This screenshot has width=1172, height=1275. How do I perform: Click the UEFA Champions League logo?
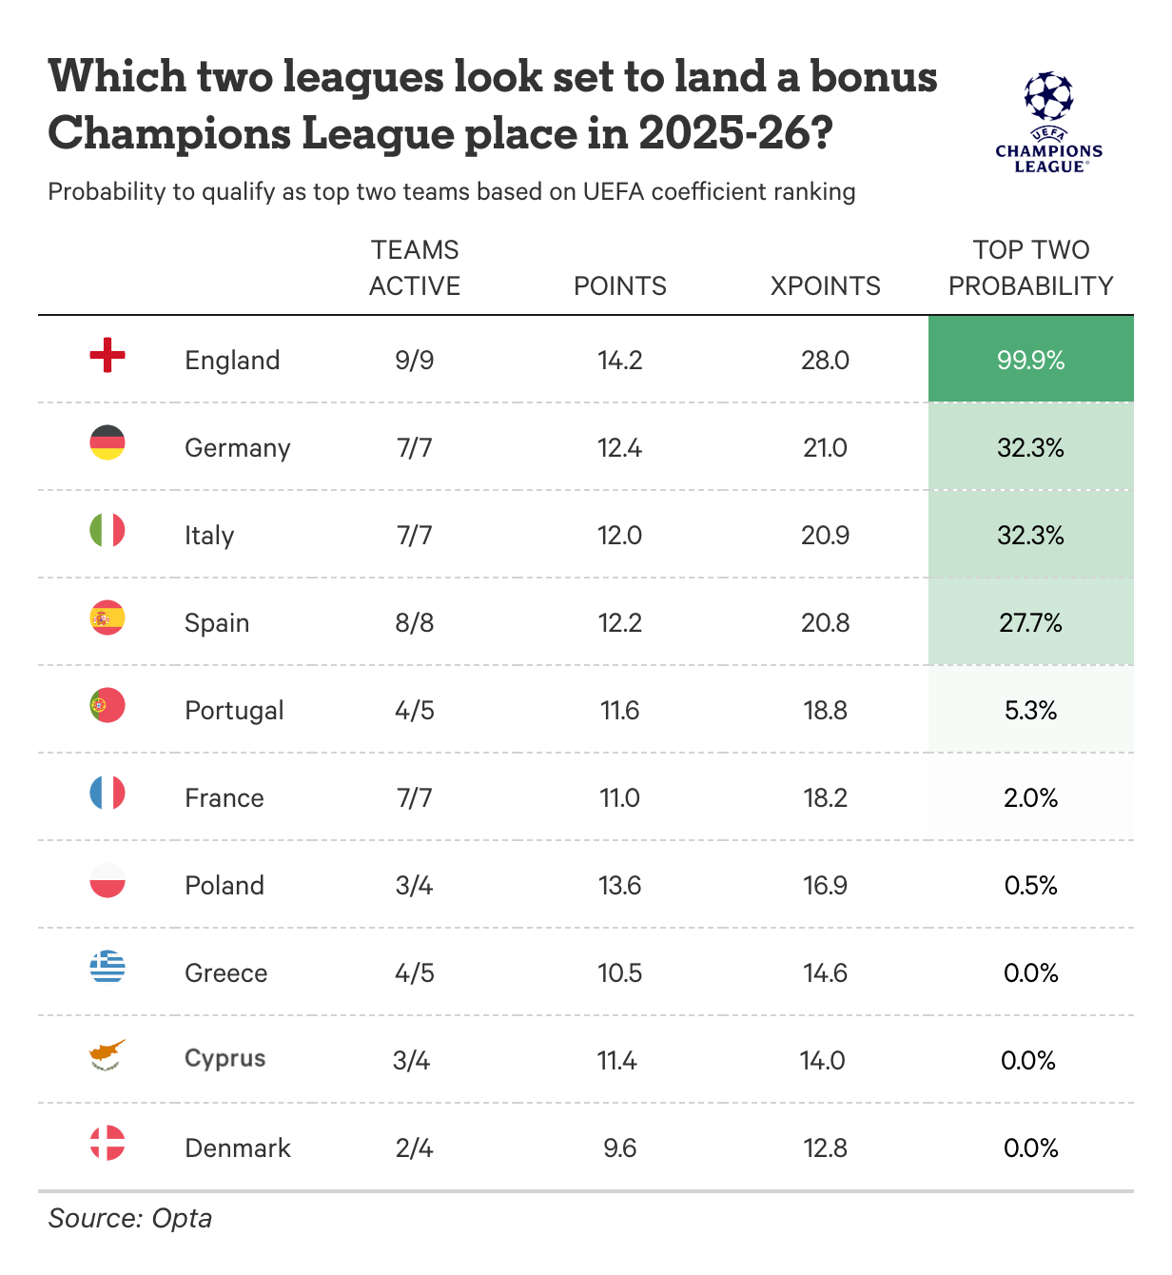(x=1048, y=121)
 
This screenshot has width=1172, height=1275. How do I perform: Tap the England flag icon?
(x=107, y=355)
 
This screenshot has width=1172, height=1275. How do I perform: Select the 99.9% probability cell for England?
(x=1030, y=360)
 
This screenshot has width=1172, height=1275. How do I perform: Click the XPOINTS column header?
(x=825, y=285)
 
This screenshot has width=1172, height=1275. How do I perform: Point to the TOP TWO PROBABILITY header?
(x=1030, y=267)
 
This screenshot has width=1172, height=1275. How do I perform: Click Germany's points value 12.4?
(x=619, y=447)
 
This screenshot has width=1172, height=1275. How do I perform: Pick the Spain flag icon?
(x=107, y=618)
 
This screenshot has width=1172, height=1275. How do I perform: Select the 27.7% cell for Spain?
(x=1030, y=622)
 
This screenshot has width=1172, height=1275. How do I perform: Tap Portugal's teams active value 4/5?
(x=415, y=710)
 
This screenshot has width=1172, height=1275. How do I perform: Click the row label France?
(x=225, y=797)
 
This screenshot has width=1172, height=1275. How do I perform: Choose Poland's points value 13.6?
(x=619, y=885)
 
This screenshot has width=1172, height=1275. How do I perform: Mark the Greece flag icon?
(x=107, y=968)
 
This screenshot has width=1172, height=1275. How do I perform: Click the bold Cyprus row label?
(x=225, y=1058)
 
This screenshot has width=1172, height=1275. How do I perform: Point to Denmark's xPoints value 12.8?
(x=825, y=1147)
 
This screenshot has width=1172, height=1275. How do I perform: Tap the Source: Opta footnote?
(x=130, y=1218)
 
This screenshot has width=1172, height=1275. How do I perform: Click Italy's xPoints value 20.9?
(x=825, y=535)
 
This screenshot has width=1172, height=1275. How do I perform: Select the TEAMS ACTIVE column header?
(x=415, y=267)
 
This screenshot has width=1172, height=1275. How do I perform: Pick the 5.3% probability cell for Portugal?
(x=1030, y=710)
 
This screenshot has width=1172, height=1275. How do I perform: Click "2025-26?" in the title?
(x=735, y=133)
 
